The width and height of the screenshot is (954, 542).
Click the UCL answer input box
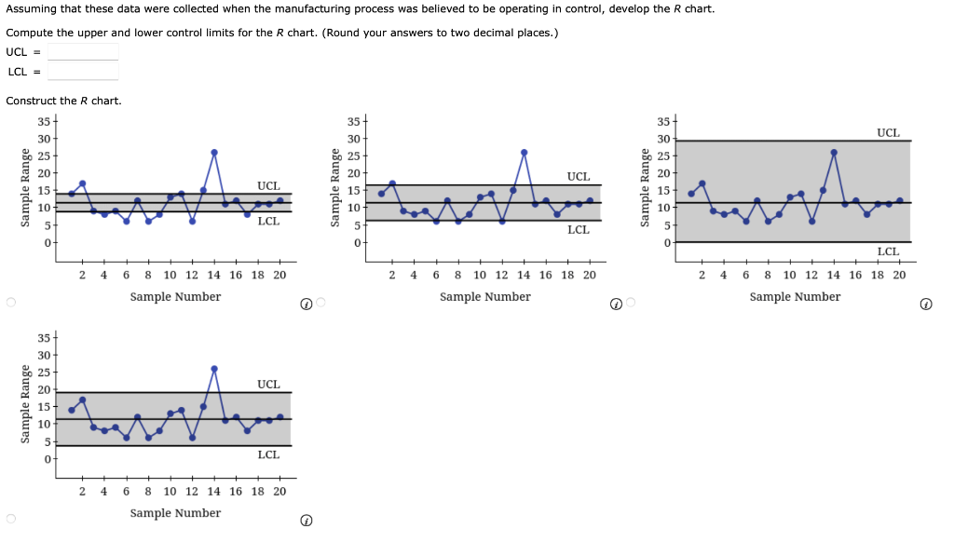(83, 52)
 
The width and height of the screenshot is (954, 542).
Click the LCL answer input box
(83, 72)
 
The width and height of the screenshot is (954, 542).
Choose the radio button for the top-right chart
(631, 303)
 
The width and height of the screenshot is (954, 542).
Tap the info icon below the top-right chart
(924, 304)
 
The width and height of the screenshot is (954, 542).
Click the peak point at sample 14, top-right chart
(834, 153)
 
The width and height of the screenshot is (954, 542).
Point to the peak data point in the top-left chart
(214, 153)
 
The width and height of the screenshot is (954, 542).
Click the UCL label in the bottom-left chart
(268, 384)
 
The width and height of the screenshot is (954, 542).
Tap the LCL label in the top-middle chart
(578, 230)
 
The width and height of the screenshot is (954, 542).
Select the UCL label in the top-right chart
(888, 133)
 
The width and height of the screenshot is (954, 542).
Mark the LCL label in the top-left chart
(268, 221)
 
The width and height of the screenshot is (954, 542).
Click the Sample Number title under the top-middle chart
(484, 297)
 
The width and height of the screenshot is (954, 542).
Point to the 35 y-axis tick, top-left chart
(43, 121)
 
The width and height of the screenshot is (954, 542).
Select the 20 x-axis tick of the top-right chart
(898, 275)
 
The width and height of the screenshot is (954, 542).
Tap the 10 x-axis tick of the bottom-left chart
(170, 491)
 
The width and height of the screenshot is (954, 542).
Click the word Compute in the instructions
(28, 33)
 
